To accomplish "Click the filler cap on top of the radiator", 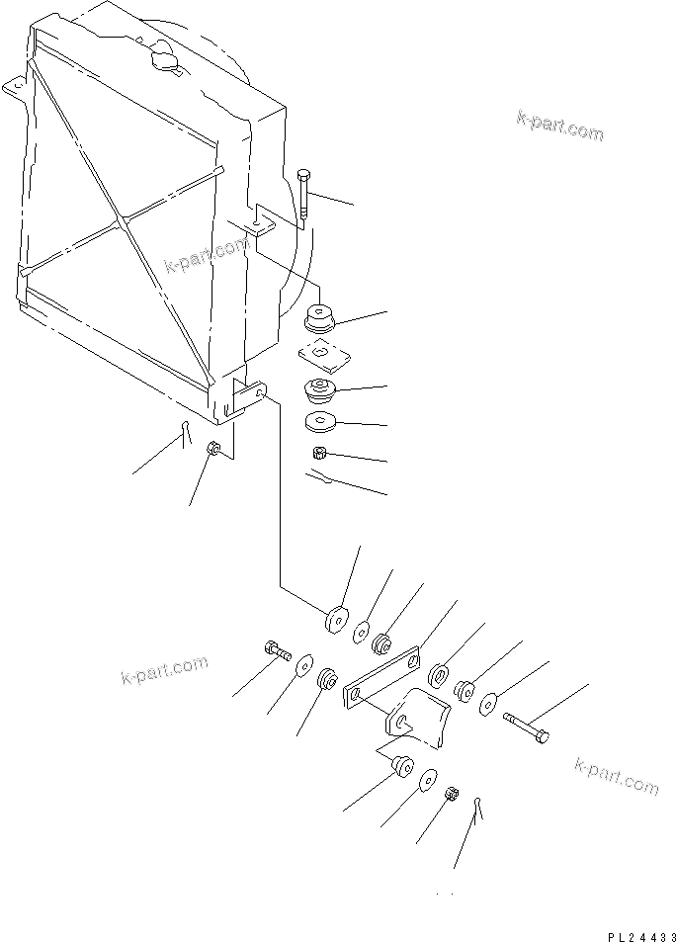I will point(163,59).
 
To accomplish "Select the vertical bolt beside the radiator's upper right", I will point(303,194).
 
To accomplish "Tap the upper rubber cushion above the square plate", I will point(321,318).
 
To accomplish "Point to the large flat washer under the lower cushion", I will point(321,423).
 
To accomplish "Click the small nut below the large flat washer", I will point(319,454).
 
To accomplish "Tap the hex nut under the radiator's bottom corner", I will point(212,450).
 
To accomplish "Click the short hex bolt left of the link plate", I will point(276,650).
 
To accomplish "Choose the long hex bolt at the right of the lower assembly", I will point(527,732).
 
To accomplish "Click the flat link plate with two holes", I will point(383,677).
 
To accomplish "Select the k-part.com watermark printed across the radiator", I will point(206,256).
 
